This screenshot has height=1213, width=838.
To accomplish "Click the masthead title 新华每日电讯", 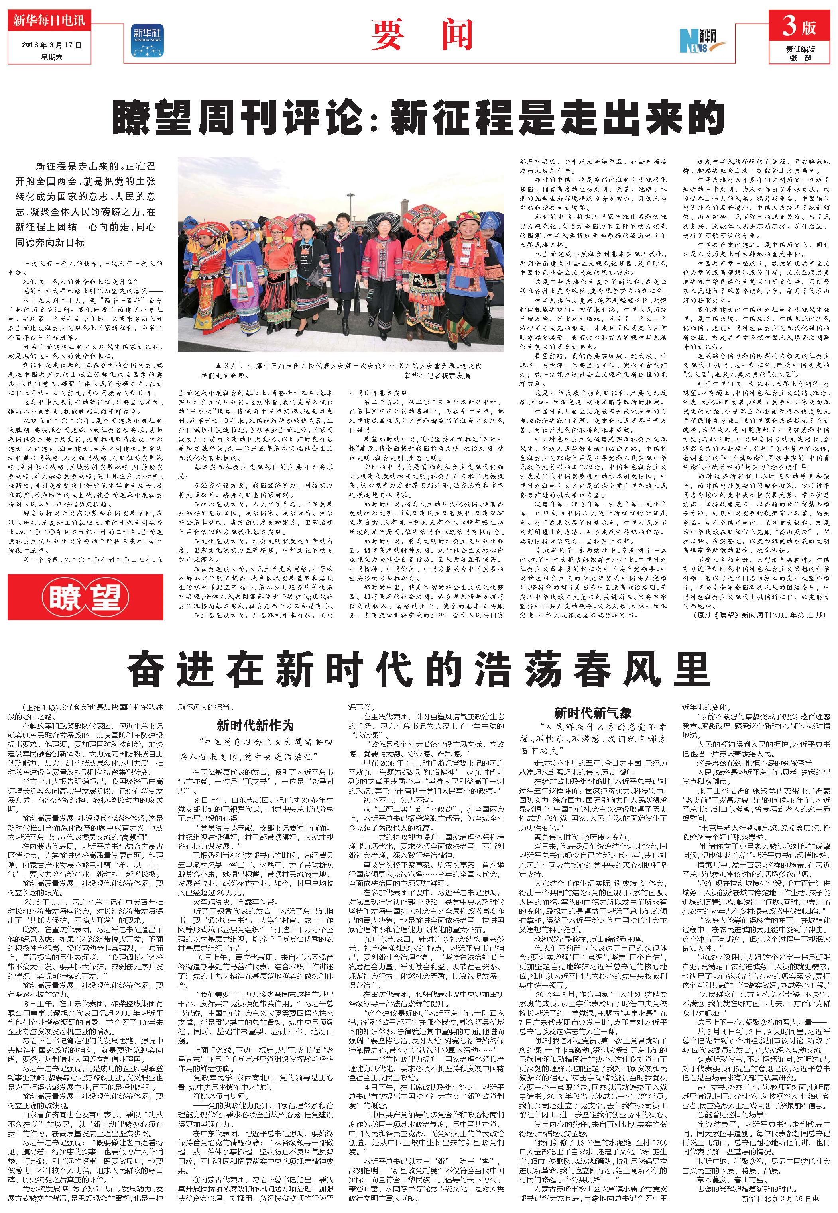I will [49, 22].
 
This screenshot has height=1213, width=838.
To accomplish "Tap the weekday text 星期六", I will [52, 56].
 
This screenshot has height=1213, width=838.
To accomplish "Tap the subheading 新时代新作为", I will [255, 725].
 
